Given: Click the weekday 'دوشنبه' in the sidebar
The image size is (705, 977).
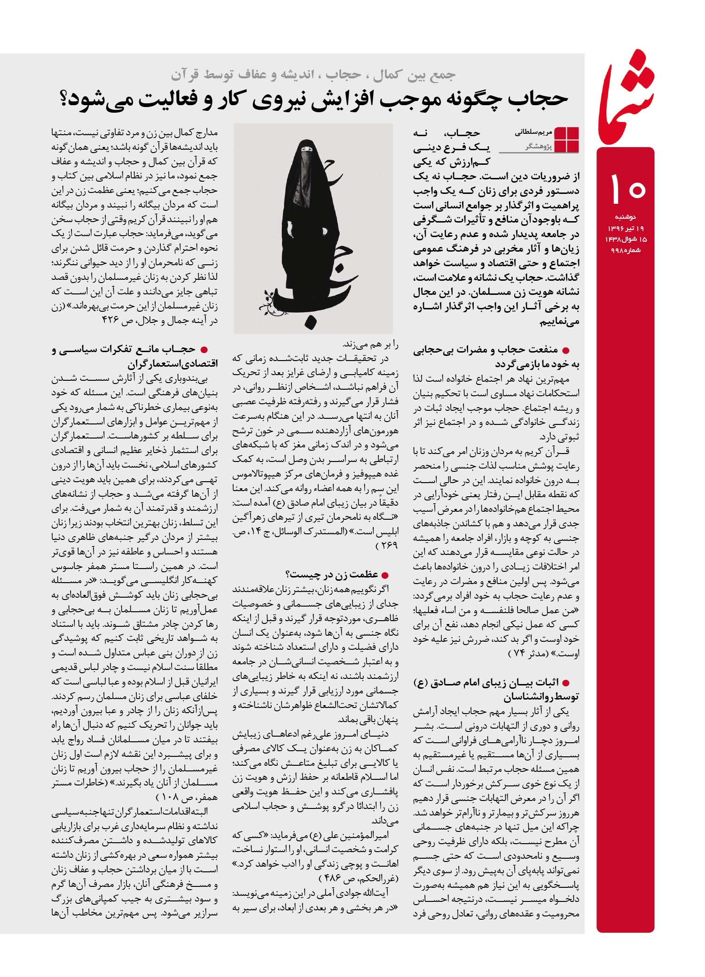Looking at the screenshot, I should tap(625, 217).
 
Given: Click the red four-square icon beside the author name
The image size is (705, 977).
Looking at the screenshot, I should tap(567, 139).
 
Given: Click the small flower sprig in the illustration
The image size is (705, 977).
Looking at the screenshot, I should tap(267, 299).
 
